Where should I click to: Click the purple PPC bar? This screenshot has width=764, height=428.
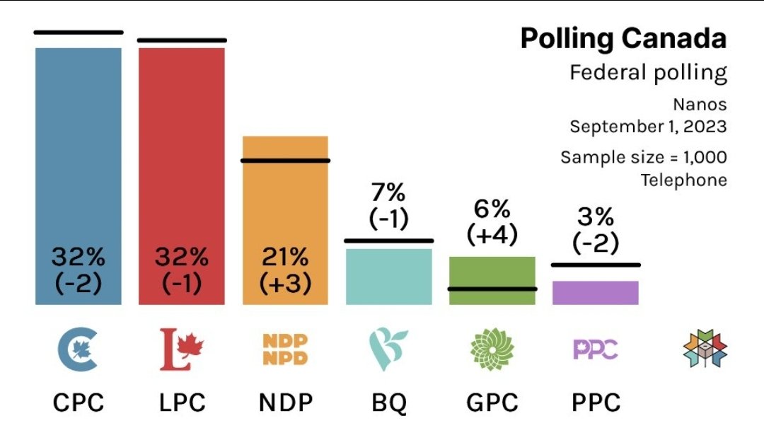pos(595,293)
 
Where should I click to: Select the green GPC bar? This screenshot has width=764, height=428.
pos(492,280)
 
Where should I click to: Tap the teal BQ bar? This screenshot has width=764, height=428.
pos(388,277)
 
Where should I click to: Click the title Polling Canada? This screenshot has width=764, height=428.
pos(623,39)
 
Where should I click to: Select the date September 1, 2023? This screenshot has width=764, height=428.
pos(648,127)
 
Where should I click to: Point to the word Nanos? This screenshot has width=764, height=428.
pos(700,105)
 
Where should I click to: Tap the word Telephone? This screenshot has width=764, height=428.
pos(683,180)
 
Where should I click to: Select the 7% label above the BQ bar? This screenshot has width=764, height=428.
pos(388,192)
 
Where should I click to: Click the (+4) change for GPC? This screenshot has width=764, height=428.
pos(492,233)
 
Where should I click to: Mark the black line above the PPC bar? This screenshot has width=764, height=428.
pos(595,265)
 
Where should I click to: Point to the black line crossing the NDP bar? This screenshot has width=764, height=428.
pos(285,161)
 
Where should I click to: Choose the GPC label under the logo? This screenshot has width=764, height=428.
pos(492,403)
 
